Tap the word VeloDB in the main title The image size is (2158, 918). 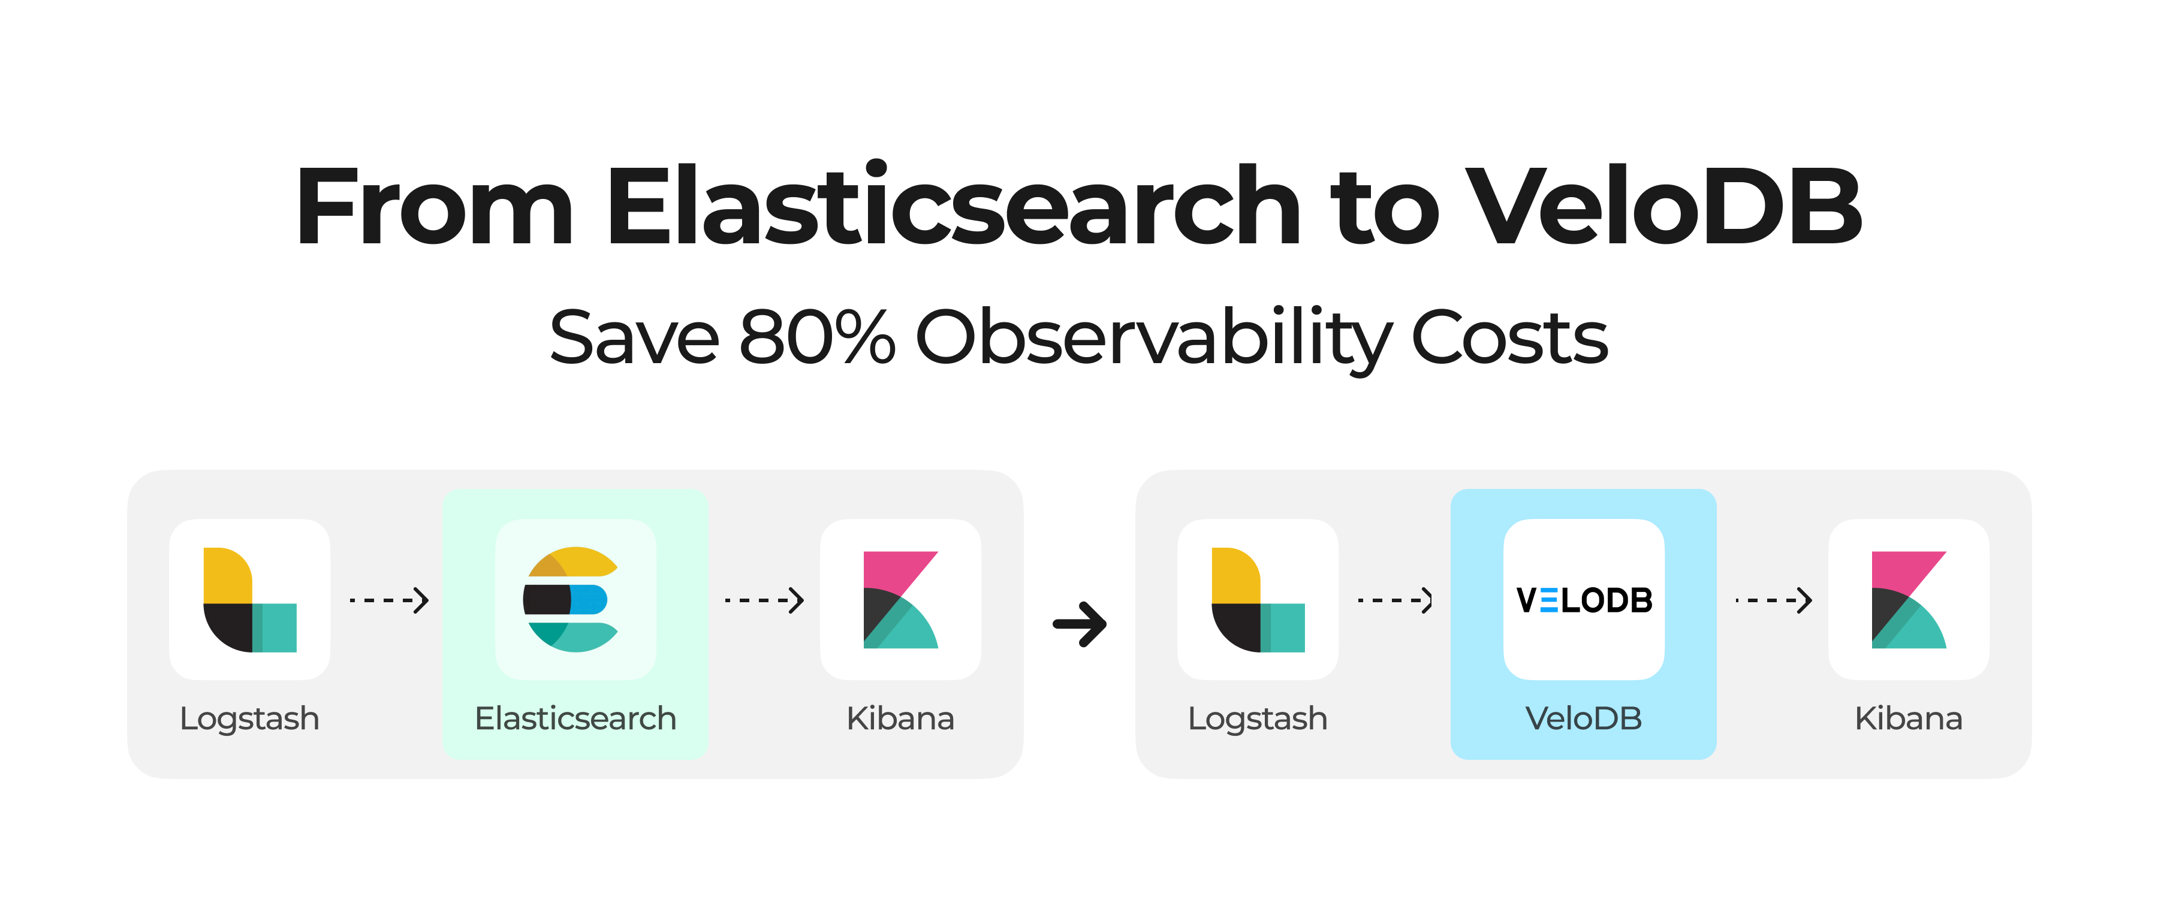click(1663, 207)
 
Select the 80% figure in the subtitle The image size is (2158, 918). click(817, 337)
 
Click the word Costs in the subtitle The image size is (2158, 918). click(1509, 337)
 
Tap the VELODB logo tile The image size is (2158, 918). click(1583, 600)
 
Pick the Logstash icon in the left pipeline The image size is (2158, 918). click(249, 600)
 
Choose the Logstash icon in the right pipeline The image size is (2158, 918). click(1258, 600)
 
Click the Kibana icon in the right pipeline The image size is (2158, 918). click(1909, 600)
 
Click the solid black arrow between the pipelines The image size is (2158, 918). click(1080, 624)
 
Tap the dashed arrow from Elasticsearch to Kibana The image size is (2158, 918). click(764, 600)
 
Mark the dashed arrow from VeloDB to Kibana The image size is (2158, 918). click(1774, 600)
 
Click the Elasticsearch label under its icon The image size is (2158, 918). click(575, 718)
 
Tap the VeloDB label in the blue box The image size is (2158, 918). click(1583, 718)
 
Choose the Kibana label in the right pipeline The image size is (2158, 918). click(1909, 718)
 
